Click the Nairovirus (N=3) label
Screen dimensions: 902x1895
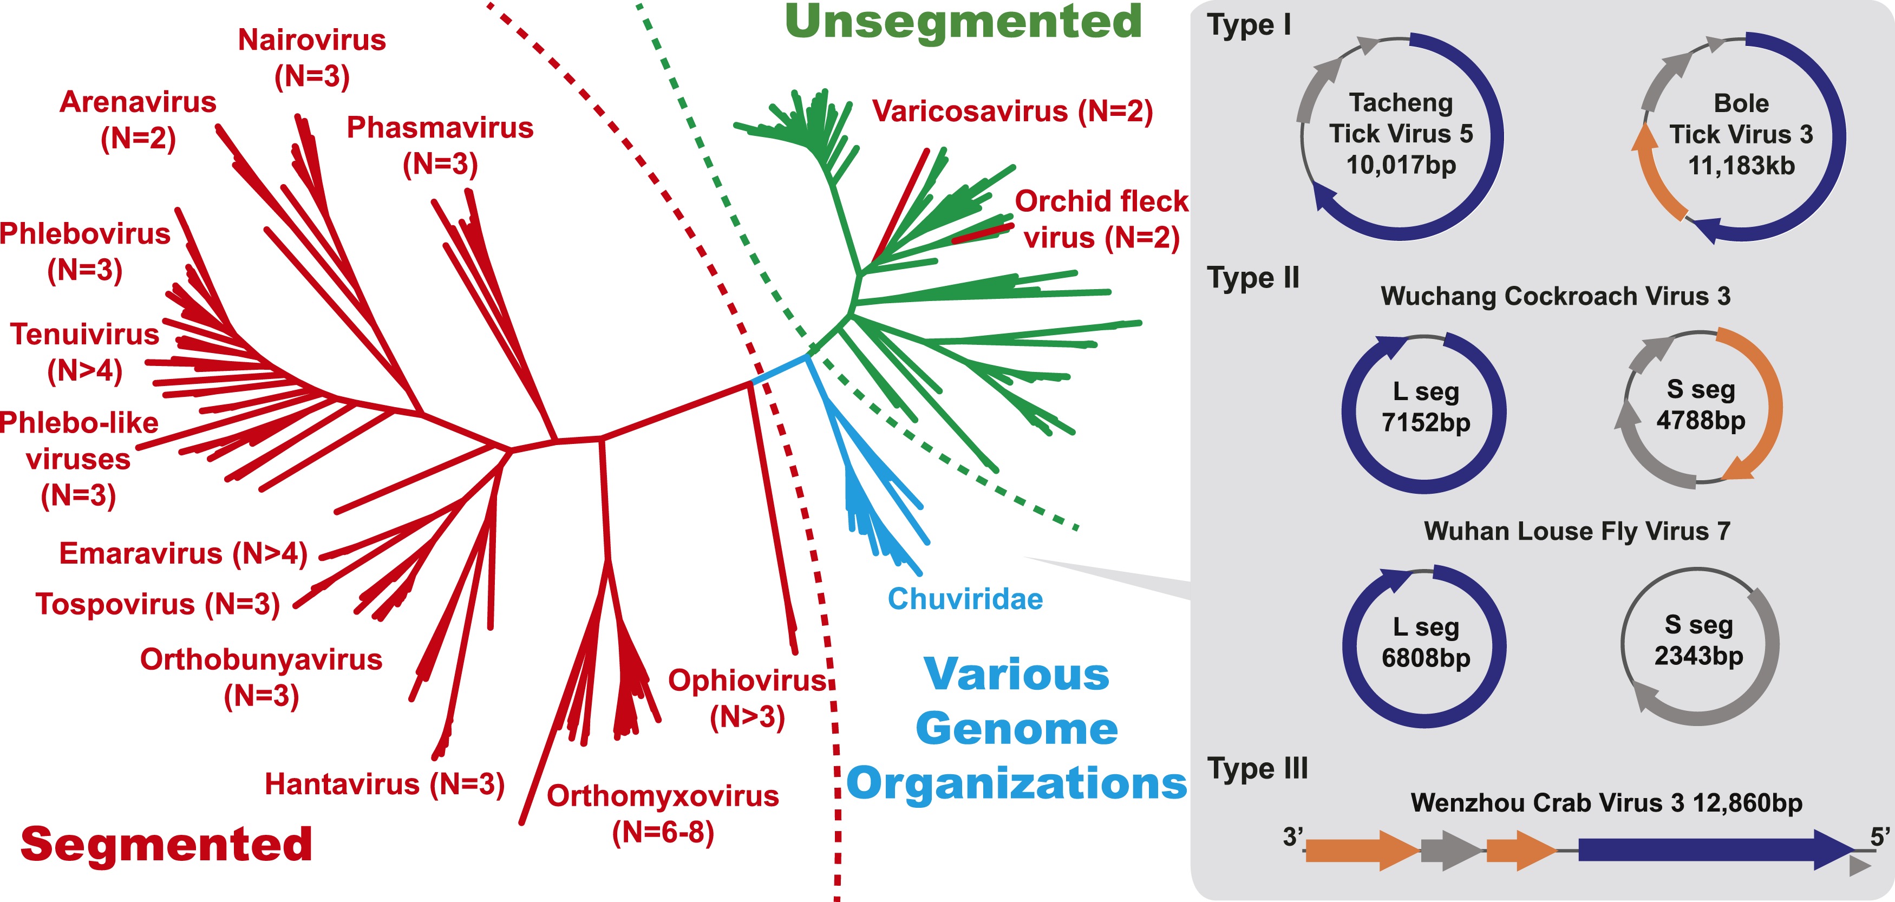pyautogui.click(x=311, y=57)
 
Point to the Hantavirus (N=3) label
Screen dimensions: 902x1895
pyautogui.click(x=384, y=785)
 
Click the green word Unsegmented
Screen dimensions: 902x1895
pyautogui.click(x=963, y=22)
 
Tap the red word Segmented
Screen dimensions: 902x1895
pyautogui.click(x=166, y=844)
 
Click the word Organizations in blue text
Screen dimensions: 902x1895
pyautogui.click(x=1017, y=783)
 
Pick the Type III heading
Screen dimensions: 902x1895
pyautogui.click(x=1257, y=769)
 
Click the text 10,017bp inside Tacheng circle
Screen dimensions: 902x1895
pyautogui.click(x=1401, y=165)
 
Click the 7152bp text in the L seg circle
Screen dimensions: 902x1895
pyautogui.click(x=1425, y=423)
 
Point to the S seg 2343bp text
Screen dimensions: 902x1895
pyautogui.click(x=1698, y=640)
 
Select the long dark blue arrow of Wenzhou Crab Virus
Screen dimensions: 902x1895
pyautogui.click(x=1707, y=850)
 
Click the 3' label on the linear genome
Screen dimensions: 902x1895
pyautogui.click(x=1292, y=837)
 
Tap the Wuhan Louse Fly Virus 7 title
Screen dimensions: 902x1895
pyautogui.click(x=1577, y=531)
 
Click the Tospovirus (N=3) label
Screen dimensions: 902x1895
pyautogui.click(x=158, y=605)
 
